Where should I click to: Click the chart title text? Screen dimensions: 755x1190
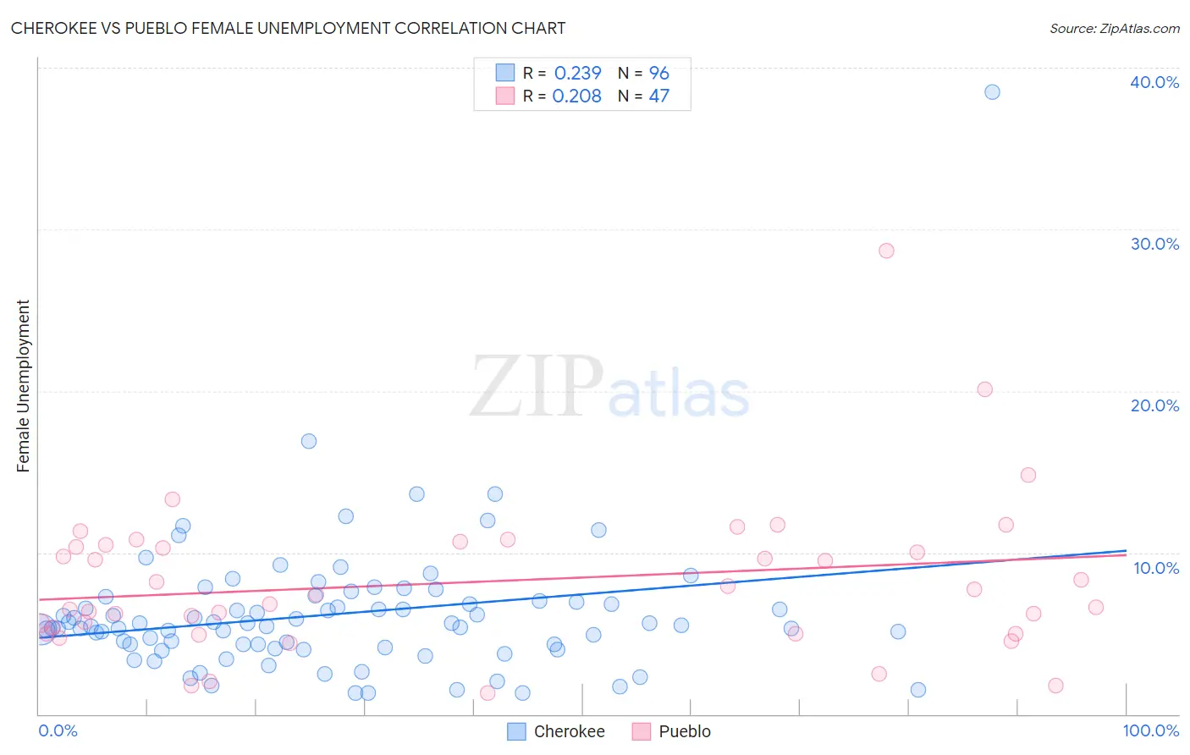click(288, 28)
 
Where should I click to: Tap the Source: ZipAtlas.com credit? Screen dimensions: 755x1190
click(1114, 28)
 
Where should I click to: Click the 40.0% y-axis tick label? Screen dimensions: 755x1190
click(1154, 82)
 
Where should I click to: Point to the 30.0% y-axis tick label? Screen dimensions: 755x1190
click(1154, 244)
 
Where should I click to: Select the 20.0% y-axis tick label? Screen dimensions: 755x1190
click(1154, 405)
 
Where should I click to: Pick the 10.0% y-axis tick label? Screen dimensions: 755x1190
click(1155, 567)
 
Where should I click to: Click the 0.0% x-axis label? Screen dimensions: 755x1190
click(58, 730)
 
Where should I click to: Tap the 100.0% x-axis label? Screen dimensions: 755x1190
click(1150, 730)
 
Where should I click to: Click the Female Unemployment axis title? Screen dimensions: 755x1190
click(23, 385)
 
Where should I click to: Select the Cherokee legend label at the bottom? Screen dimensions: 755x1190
click(569, 731)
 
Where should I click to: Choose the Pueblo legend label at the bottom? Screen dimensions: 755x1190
click(684, 731)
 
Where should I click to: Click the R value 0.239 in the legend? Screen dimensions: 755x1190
click(577, 74)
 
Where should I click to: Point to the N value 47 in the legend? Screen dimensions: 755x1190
click(658, 96)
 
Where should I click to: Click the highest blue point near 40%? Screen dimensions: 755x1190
click(992, 92)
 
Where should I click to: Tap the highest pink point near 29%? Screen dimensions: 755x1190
click(886, 251)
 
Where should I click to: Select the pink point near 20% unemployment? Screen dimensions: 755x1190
click(984, 389)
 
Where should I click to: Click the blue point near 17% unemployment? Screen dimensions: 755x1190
click(309, 441)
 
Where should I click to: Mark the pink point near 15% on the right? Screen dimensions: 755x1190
click(1028, 475)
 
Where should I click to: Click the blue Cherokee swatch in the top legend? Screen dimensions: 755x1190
click(504, 73)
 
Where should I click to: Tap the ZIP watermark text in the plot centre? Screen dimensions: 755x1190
click(536, 387)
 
